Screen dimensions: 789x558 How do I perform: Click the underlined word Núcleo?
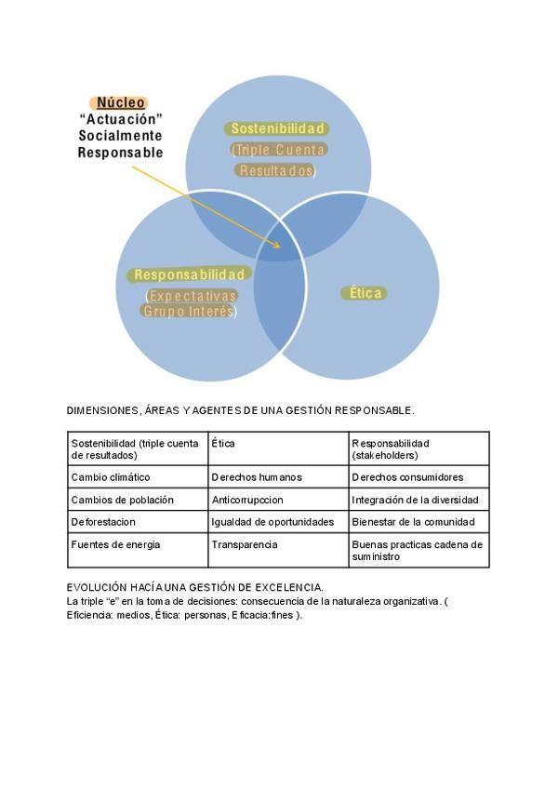[x=121, y=102]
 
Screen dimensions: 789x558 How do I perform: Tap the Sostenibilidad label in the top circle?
[x=277, y=128]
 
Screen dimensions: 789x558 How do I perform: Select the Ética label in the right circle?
[x=366, y=292]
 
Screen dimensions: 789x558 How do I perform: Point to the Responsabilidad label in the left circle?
[x=190, y=274]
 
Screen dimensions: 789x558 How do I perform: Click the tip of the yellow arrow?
[x=280, y=247]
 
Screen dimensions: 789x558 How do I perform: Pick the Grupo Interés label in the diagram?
[x=188, y=312]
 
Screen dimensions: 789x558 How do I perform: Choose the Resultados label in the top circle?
[x=276, y=170]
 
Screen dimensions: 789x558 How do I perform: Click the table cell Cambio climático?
[x=111, y=477]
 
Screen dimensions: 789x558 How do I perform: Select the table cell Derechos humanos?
[x=257, y=477]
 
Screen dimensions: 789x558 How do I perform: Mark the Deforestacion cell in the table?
[x=103, y=522]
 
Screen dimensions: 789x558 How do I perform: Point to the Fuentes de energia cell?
[x=116, y=545]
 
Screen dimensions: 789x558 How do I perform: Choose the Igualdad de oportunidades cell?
[x=272, y=522]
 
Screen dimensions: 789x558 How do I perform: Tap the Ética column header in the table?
[x=223, y=444]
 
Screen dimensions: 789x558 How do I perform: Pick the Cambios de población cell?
[x=123, y=500]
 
